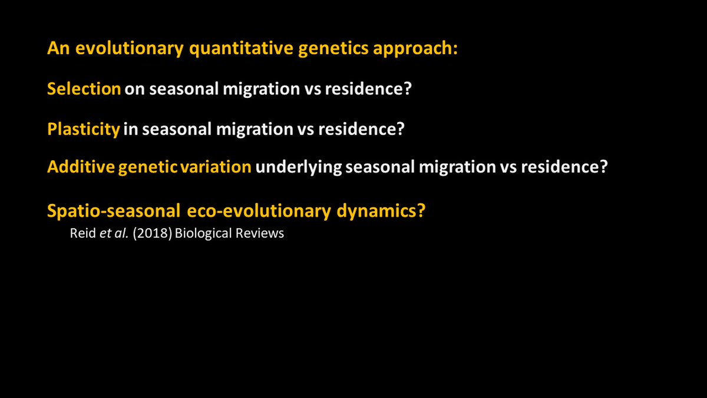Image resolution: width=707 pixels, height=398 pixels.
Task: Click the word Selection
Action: (x=84, y=89)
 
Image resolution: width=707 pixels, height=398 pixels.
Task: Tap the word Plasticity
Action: (x=84, y=129)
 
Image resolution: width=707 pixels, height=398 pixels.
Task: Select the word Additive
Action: (x=81, y=167)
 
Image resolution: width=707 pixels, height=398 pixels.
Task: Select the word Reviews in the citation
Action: (x=260, y=233)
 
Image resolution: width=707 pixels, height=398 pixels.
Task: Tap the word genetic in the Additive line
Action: (x=147, y=167)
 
